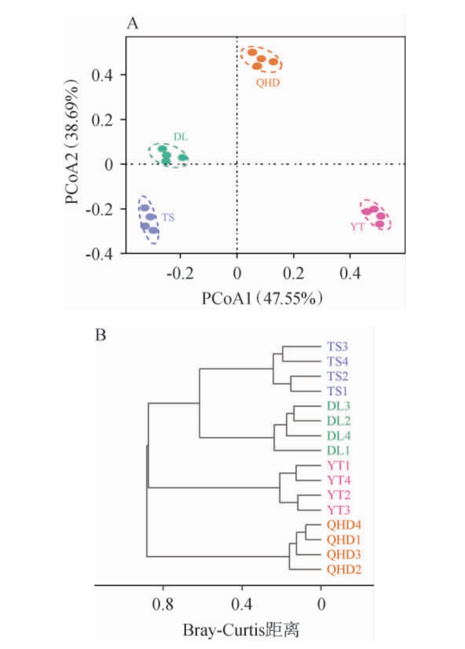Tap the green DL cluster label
click(x=181, y=137)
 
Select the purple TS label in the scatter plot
click(x=168, y=217)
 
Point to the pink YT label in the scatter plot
click(x=357, y=226)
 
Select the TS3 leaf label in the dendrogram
click(x=338, y=347)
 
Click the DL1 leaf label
click(x=338, y=450)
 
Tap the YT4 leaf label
click(x=338, y=479)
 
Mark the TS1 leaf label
click(x=338, y=391)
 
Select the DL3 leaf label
click(x=338, y=406)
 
